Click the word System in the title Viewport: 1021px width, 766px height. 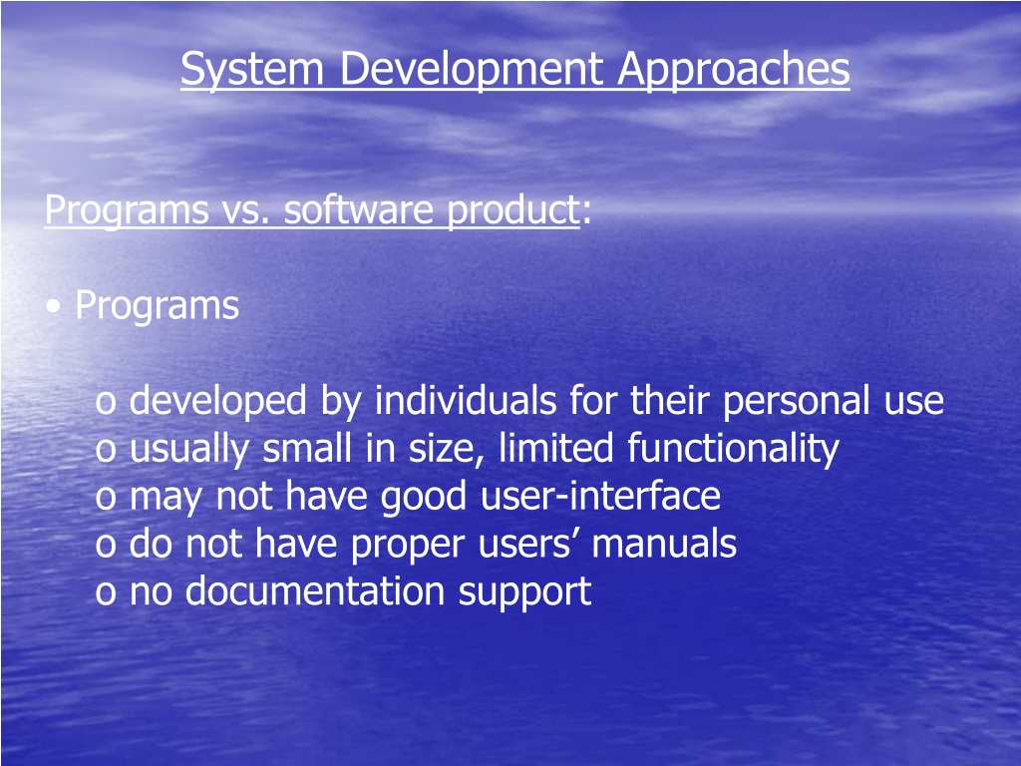[x=252, y=69]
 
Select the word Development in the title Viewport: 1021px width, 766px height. [x=472, y=69]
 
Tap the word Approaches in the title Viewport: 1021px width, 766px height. [x=734, y=69]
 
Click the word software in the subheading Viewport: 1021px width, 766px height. [x=359, y=209]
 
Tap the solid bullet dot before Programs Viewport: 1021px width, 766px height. [x=54, y=307]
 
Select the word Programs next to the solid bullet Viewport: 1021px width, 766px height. [x=157, y=306]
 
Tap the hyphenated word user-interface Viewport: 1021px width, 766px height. [x=600, y=496]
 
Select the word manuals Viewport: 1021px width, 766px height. [x=664, y=544]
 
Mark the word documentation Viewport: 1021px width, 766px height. [x=315, y=590]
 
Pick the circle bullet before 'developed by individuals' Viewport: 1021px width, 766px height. [x=106, y=403]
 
